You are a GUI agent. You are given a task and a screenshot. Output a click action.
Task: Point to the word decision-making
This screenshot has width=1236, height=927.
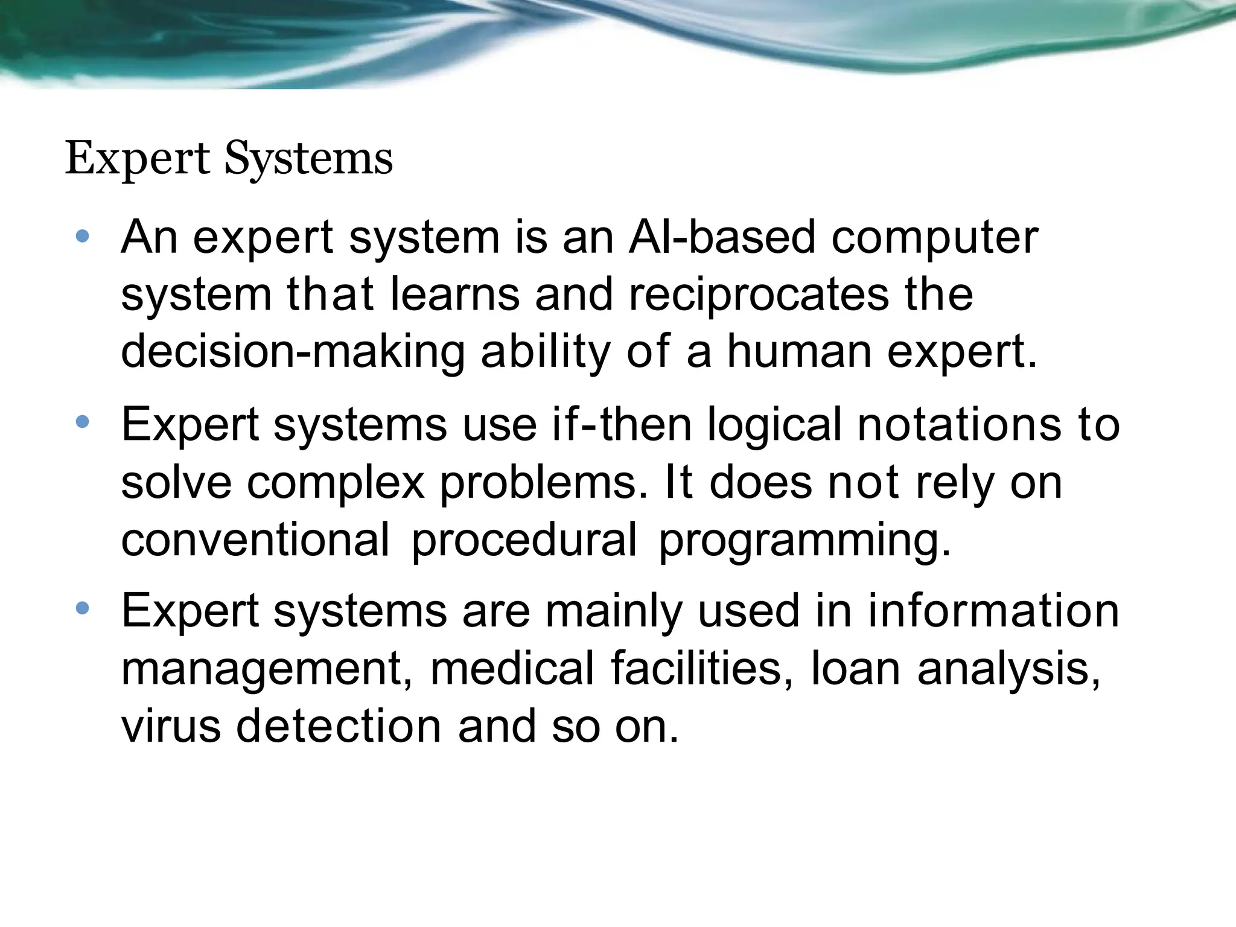(x=293, y=352)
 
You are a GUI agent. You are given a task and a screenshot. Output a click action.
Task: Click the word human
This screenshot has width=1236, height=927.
(x=799, y=351)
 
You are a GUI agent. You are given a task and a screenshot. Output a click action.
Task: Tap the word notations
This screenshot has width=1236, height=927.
(x=959, y=424)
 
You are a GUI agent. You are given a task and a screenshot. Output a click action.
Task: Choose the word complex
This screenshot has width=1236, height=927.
(x=336, y=483)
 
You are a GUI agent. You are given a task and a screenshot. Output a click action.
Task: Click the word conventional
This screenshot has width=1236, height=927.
(x=255, y=540)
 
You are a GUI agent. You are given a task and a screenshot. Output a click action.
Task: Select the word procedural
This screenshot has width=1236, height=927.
(x=524, y=541)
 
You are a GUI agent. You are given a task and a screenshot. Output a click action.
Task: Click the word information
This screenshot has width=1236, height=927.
(x=993, y=610)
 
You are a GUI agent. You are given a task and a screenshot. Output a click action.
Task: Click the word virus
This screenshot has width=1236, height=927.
(x=171, y=726)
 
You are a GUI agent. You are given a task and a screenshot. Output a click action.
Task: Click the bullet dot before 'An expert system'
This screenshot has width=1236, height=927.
(x=83, y=237)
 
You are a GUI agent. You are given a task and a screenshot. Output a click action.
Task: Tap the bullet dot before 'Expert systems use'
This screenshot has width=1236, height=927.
(x=83, y=422)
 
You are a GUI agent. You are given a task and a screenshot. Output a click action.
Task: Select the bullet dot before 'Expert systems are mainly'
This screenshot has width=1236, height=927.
(x=83, y=608)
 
